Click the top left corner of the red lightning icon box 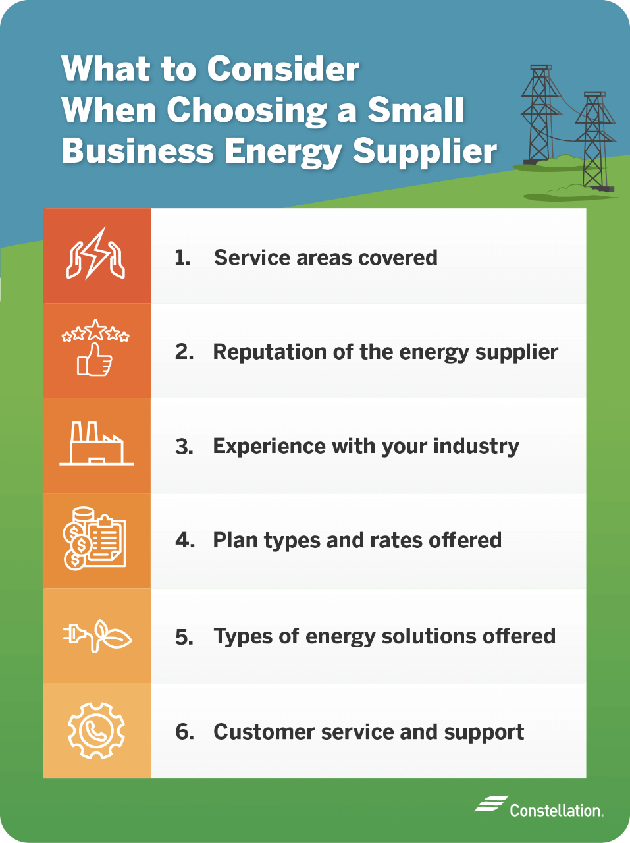click(43, 209)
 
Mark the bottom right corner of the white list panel click(587, 778)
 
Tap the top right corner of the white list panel click(587, 209)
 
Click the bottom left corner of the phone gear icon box click(43, 778)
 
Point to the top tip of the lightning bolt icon click(105, 227)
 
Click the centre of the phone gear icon click(96, 730)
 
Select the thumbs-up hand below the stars click(94, 360)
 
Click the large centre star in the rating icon click(95, 329)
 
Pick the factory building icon click(97, 444)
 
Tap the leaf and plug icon click(97, 636)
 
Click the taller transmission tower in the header click(540, 115)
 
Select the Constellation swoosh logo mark click(491, 804)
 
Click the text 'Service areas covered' click(326, 258)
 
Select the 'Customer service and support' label click(369, 732)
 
